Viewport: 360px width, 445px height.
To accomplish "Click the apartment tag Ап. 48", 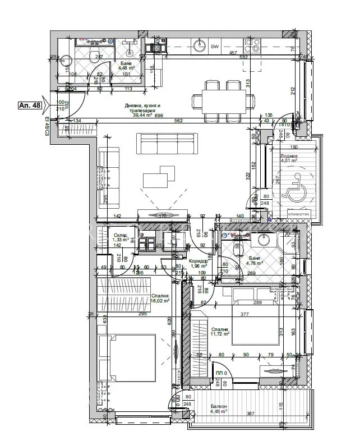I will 29,105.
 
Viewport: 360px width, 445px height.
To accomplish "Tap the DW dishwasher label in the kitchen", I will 215,47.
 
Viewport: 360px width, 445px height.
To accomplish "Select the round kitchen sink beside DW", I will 199,44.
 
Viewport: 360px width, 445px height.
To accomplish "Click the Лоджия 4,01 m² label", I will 289,160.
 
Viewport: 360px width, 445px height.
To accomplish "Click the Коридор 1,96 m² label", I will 199,263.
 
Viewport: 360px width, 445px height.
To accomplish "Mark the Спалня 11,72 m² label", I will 219,333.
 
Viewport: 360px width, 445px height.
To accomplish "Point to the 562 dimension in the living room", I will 178,120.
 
